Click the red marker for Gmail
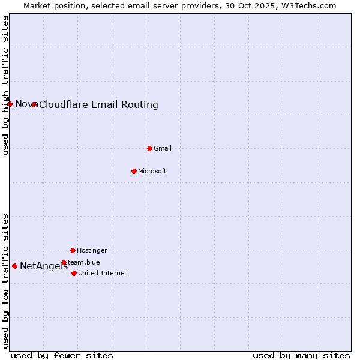(149, 148)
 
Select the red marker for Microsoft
(134, 171)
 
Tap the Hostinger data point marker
(73, 250)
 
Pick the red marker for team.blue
(64, 262)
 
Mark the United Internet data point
(74, 273)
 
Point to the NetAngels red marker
(14, 266)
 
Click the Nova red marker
(10, 104)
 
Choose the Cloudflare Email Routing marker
(34, 104)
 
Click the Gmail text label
(163, 148)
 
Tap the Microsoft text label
(152, 171)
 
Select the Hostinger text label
(92, 250)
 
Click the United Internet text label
(103, 273)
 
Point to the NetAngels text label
(44, 266)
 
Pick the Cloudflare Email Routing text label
(99, 105)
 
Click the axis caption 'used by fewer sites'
(62, 355)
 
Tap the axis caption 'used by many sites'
(301, 355)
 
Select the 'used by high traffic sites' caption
(6, 85)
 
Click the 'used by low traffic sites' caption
(6, 280)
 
